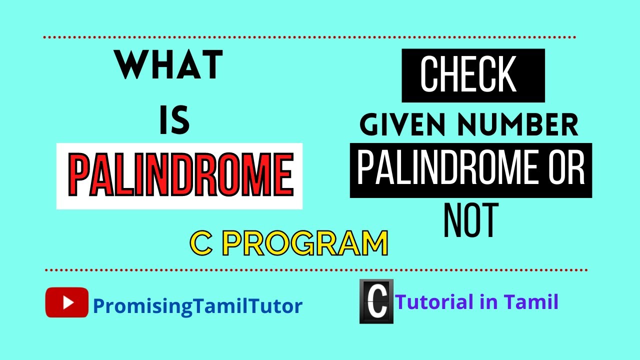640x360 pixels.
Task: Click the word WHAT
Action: pos(169,66)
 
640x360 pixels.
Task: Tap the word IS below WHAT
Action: pos(174,122)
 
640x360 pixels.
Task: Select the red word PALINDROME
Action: pos(180,175)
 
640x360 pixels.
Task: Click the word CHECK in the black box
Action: pos(468,75)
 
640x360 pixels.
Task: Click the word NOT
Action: pos(471,220)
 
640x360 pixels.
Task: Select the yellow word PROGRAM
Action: pos(304,243)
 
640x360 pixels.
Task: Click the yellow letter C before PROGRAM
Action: pos(202,243)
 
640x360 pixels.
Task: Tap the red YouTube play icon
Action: pos(67,302)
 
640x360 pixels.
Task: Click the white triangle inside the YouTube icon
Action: pos(68,302)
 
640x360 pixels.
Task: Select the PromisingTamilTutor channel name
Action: pos(197,305)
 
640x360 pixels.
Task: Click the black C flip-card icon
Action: pos(376,301)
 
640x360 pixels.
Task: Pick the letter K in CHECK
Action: pos(505,75)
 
